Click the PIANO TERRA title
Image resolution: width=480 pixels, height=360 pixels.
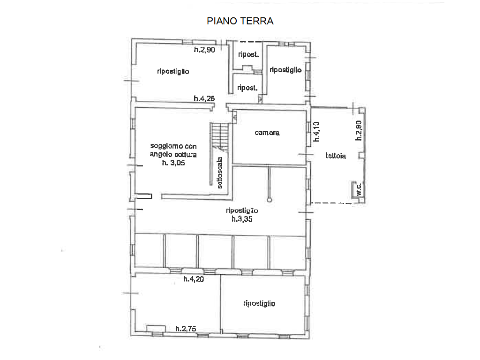point(240,21)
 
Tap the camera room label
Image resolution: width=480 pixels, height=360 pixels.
point(267,133)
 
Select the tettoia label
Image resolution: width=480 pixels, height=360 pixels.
point(336,156)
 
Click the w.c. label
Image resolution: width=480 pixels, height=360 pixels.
point(359,189)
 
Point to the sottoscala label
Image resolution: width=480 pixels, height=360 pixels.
point(220,172)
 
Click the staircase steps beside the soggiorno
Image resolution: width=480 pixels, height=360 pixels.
point(220,137)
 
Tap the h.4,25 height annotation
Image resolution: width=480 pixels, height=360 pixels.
point(204,98)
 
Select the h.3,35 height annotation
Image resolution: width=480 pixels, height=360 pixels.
point(242,219)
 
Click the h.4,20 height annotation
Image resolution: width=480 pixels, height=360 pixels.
point(194,279)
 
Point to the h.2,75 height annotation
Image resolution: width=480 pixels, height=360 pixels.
point(186,329)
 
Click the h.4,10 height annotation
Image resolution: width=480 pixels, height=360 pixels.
point(316,132)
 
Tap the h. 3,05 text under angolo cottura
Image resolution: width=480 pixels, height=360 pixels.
point(173,163)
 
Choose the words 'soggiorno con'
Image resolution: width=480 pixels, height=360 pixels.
point(173,146)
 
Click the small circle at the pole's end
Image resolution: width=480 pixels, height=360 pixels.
point(270,200)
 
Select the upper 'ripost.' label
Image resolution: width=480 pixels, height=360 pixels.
point(248,54)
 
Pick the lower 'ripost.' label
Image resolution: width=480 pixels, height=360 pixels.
point(247,88)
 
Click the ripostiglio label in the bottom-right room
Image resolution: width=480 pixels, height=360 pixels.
point(259,303)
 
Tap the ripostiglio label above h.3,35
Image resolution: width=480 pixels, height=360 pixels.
point(242,210)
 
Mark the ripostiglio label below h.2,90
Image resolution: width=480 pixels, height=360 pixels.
point(173,71)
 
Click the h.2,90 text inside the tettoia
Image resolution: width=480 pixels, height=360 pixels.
point(359,131)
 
